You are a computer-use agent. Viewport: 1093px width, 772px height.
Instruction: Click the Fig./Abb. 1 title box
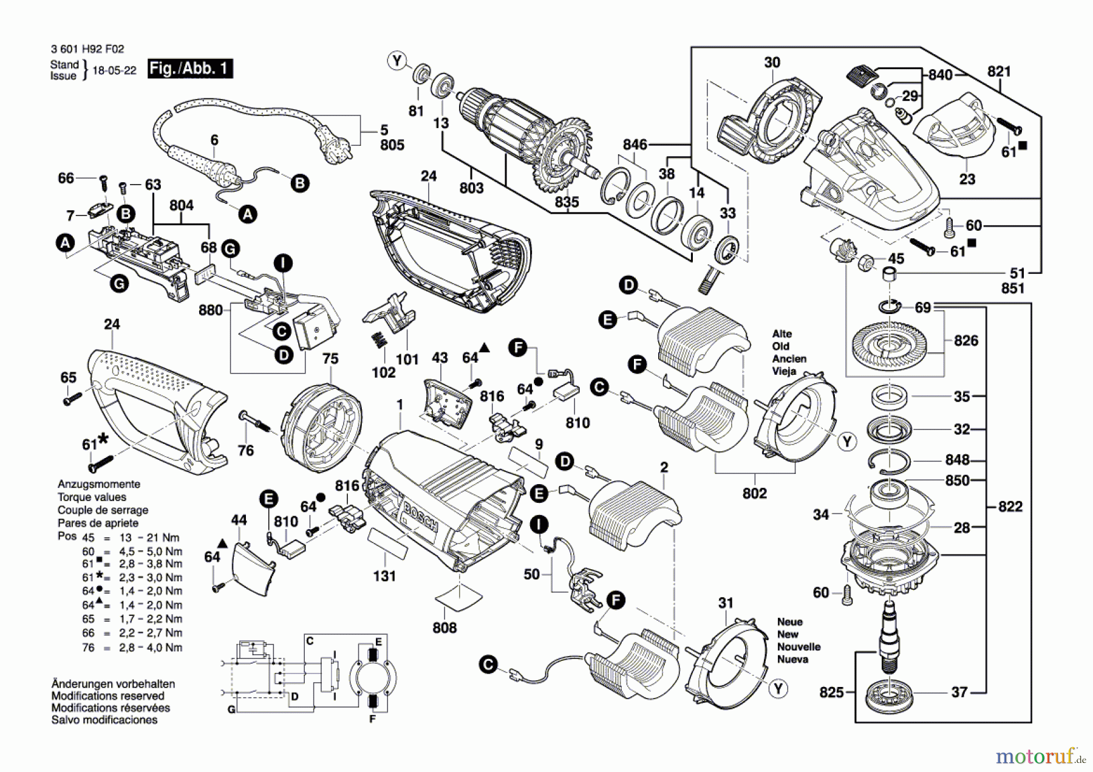190,68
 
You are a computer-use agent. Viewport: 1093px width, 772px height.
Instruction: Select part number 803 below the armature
471,188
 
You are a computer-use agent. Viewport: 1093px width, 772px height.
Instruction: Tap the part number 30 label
772,63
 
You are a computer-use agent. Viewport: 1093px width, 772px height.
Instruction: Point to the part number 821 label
999,72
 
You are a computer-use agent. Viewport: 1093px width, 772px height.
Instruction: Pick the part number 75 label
330,358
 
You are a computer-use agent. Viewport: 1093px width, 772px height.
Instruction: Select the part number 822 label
1010,506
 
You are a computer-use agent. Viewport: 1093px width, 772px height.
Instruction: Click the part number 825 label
831,692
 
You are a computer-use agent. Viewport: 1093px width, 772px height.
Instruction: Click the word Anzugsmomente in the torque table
98,484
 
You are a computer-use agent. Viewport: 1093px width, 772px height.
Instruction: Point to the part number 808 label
444,627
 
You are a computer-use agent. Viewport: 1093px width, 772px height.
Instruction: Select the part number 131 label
384,575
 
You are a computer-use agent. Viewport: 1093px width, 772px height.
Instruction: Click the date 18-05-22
114,70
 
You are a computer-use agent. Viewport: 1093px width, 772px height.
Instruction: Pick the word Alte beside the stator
781,333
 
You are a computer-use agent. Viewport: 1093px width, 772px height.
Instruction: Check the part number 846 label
635,144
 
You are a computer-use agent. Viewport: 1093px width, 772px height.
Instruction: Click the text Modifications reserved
107,695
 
